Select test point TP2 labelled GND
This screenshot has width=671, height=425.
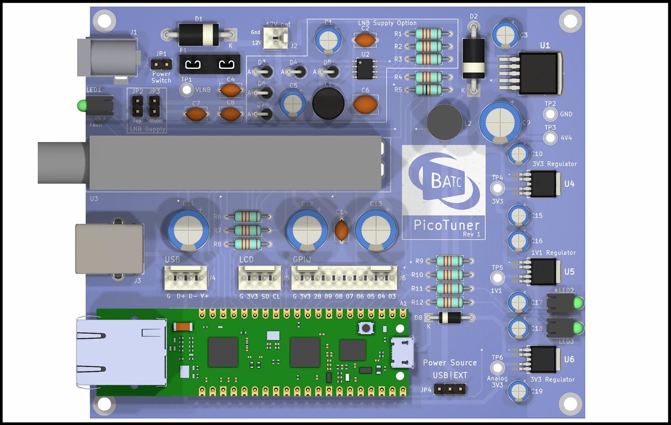(x=550, y=114)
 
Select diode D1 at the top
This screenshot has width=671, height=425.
(x=198, y=35)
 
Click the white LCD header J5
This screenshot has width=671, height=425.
(x=260, y=276)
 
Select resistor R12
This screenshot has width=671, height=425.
(x=450, y=302)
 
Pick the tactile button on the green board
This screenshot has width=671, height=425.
(x=367, y=328)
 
